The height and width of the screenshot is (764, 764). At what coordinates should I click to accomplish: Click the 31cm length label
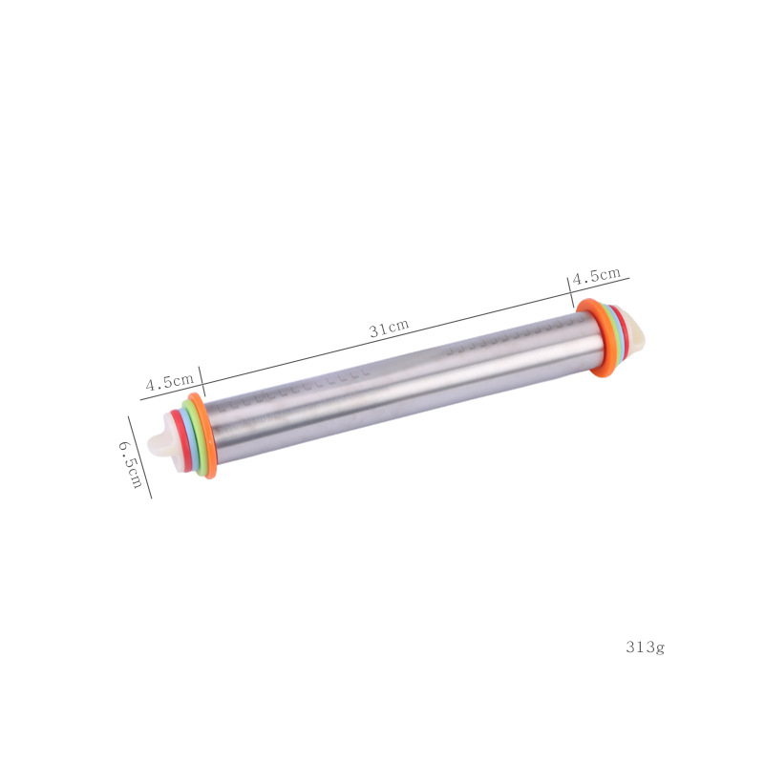pyautogui.click(x=389, y=329)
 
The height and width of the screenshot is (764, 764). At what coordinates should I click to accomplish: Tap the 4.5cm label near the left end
pyautogui.click(x=170, y=381)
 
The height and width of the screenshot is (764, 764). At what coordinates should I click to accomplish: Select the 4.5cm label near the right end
pyautogui.click(x=596, y=275)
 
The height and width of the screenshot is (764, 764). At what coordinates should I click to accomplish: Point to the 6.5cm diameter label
pyautogui.click(x=130, y=464)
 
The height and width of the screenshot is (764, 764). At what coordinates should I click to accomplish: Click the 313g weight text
pyautogui.click(x=646, y=647)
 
